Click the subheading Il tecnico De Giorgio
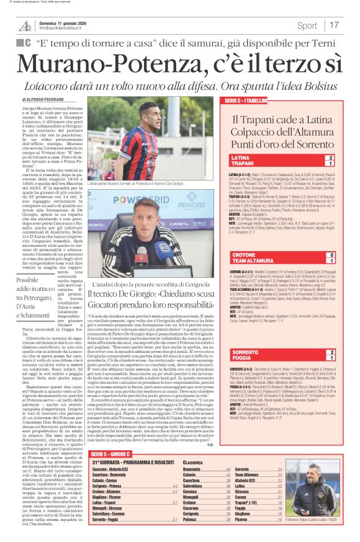pos(150,282)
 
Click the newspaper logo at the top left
pos(25,25)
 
